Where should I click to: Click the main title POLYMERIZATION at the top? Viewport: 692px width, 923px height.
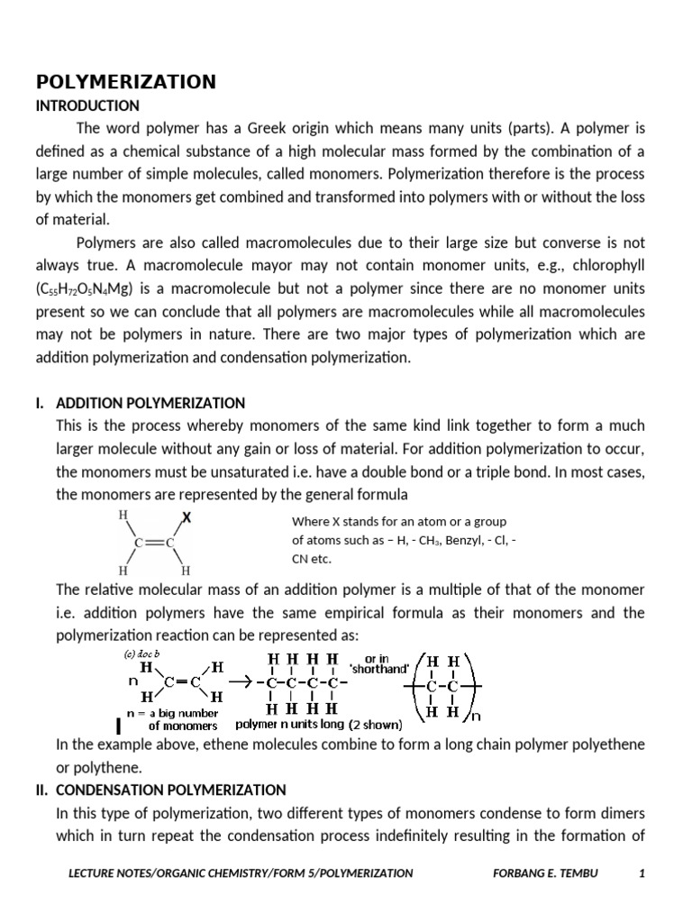click(125, 82)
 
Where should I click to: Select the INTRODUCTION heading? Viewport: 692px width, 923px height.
click(87, 105)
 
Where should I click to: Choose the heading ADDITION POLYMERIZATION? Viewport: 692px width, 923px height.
click(150, 402)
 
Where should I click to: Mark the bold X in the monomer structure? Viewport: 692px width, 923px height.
click(187, 517)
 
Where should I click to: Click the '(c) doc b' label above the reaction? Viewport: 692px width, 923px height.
click(143, 653)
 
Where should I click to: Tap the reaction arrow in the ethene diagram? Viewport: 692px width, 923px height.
click(241, 682)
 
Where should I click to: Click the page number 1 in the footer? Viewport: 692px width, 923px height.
click(642, 873)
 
